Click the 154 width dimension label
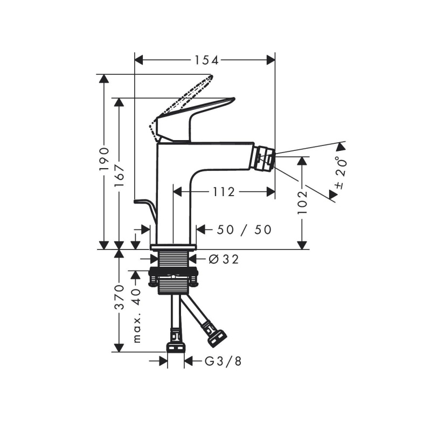(x=206, y=60)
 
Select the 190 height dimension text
(x=104, y=159)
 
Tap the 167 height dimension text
(x=119, y=176)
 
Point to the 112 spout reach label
(x=224, y=192)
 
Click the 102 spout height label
(x=302, y=203)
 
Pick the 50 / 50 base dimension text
(x=244, y=230)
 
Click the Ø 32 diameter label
(x=224, y=259)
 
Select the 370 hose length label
(x=119, y=297)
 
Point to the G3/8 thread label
(x=223, y=362)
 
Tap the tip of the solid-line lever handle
(x=234, y=99)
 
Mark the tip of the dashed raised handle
(x=212, y=76)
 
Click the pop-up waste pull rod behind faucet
(x=145, y=208)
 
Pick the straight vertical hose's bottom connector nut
(x=176, y=347)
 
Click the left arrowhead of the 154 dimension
(x=139, y=60)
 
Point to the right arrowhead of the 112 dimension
(x=271, y=192)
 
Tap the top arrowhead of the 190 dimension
(x=104, y=79)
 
